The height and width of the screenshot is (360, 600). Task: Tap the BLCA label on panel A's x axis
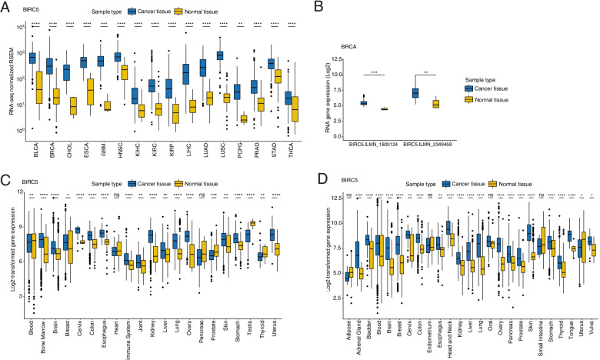tap(33, 155)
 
